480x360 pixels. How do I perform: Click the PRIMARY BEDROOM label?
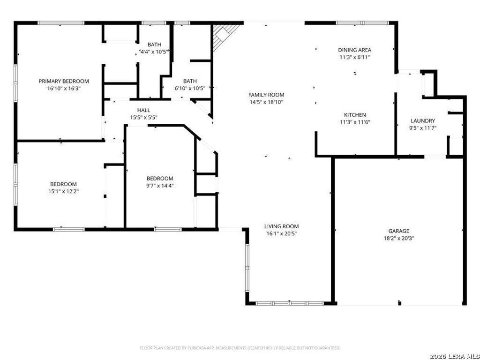point(64,81)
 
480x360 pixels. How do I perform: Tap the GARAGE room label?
point(398,231)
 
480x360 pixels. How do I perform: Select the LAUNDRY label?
point(423,121)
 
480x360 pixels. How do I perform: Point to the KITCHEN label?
point(355,115)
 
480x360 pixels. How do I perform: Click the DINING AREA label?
point(355,50)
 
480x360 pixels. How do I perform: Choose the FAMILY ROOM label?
point(266,95)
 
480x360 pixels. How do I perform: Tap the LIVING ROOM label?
point(282,226)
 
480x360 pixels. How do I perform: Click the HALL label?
point(143,110)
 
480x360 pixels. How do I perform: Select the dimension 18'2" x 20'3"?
point(399,239)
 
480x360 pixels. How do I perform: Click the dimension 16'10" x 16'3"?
point(64,89)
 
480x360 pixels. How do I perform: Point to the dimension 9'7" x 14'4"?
point(160,186)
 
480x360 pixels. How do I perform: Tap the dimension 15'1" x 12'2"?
point(63,191)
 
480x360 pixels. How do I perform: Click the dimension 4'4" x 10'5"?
point(154,52)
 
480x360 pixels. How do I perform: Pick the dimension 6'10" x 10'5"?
point(190,88)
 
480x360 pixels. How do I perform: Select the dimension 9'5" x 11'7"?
point(423,128)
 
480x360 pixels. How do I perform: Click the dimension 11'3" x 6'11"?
point(355,57)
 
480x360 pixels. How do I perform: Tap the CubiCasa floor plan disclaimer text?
point(240,348)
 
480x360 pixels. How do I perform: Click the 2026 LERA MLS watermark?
point(454,357)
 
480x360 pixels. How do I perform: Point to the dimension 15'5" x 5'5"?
point(143,117)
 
